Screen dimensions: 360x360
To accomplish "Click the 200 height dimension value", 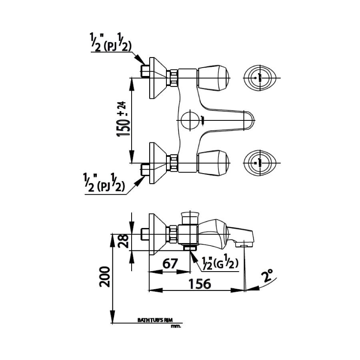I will pyautogui.click(x=105, y=276).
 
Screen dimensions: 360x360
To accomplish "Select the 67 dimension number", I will pyautogui.click(x=170, y=264).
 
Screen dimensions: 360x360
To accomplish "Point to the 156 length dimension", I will pyautogui.click(x=199, y=283).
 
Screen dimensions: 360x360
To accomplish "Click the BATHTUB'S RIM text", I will pyautogui.click(x=154, y=320).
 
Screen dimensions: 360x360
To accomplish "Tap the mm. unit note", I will pyautogui.click(x=176, y=326).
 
